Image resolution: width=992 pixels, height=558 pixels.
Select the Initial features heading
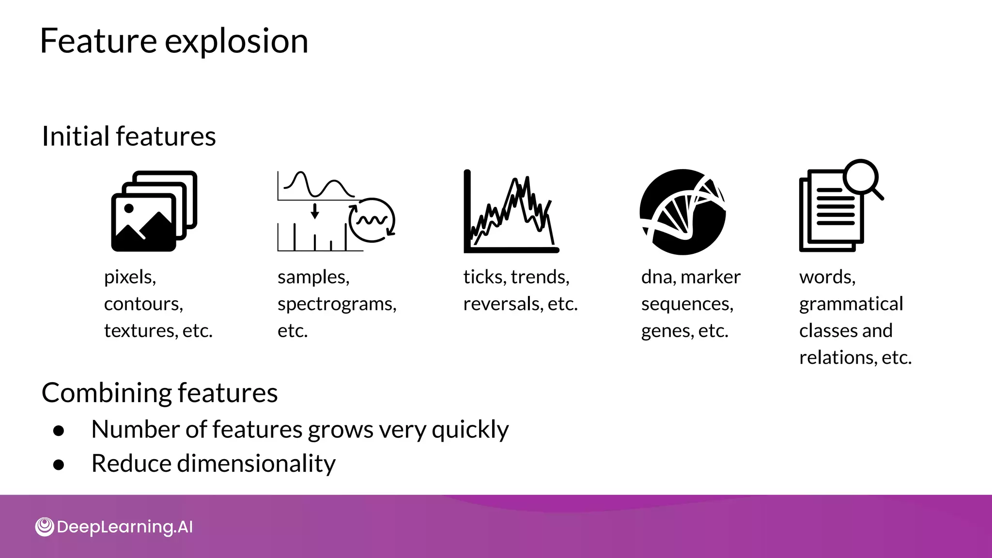(x=129, y=136)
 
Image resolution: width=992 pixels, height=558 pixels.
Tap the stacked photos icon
(x=154, y=211)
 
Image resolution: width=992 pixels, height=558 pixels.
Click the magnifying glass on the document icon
(x=861, y=177)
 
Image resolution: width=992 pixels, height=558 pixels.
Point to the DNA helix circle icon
(x=682, y=212)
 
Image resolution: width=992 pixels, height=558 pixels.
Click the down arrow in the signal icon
(x=315, y=211)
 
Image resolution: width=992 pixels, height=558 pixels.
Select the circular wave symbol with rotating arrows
(x=372, y=220)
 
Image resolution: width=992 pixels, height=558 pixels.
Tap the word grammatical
(x=851, y=304)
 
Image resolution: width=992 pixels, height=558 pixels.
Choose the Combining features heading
(x=160, y=392)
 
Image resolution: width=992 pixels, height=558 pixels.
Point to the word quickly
(x=470, y=430)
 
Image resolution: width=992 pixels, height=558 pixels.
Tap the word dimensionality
(x=256, y=464)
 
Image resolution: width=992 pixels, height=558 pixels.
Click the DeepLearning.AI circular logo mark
(x=45, y=527)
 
